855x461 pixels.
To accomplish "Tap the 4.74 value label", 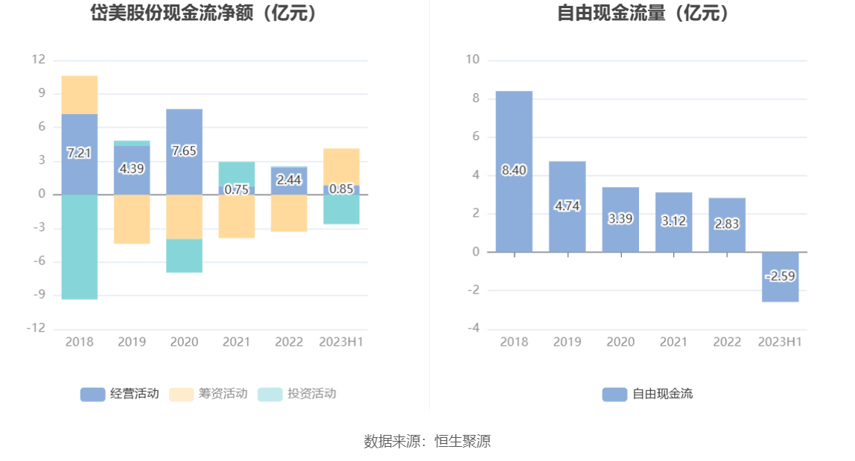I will [x=567, y=206].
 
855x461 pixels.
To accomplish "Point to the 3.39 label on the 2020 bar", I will [x=620, y=218].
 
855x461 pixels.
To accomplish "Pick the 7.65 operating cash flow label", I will [x=184, y=150].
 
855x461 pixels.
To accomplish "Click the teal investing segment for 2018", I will [x=80, y=247].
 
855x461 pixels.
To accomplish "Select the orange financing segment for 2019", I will [x=132, y=219].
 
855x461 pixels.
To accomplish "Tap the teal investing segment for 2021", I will [x=237, y=173].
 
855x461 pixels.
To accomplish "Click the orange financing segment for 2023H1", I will [x=341, y=166].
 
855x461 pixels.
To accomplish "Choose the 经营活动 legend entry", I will [x=119, y=394].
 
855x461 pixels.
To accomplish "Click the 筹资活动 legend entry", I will [x=208, y=394].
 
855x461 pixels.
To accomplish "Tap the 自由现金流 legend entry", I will [x=647, y=394].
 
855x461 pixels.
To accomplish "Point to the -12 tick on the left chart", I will [x=37, y=328].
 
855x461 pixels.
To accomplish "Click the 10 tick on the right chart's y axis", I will [x=472, y=60].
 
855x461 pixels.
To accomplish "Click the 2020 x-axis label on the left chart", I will [x=184, y=342].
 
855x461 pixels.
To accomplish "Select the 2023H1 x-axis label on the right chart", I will [x=780, y=342].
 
